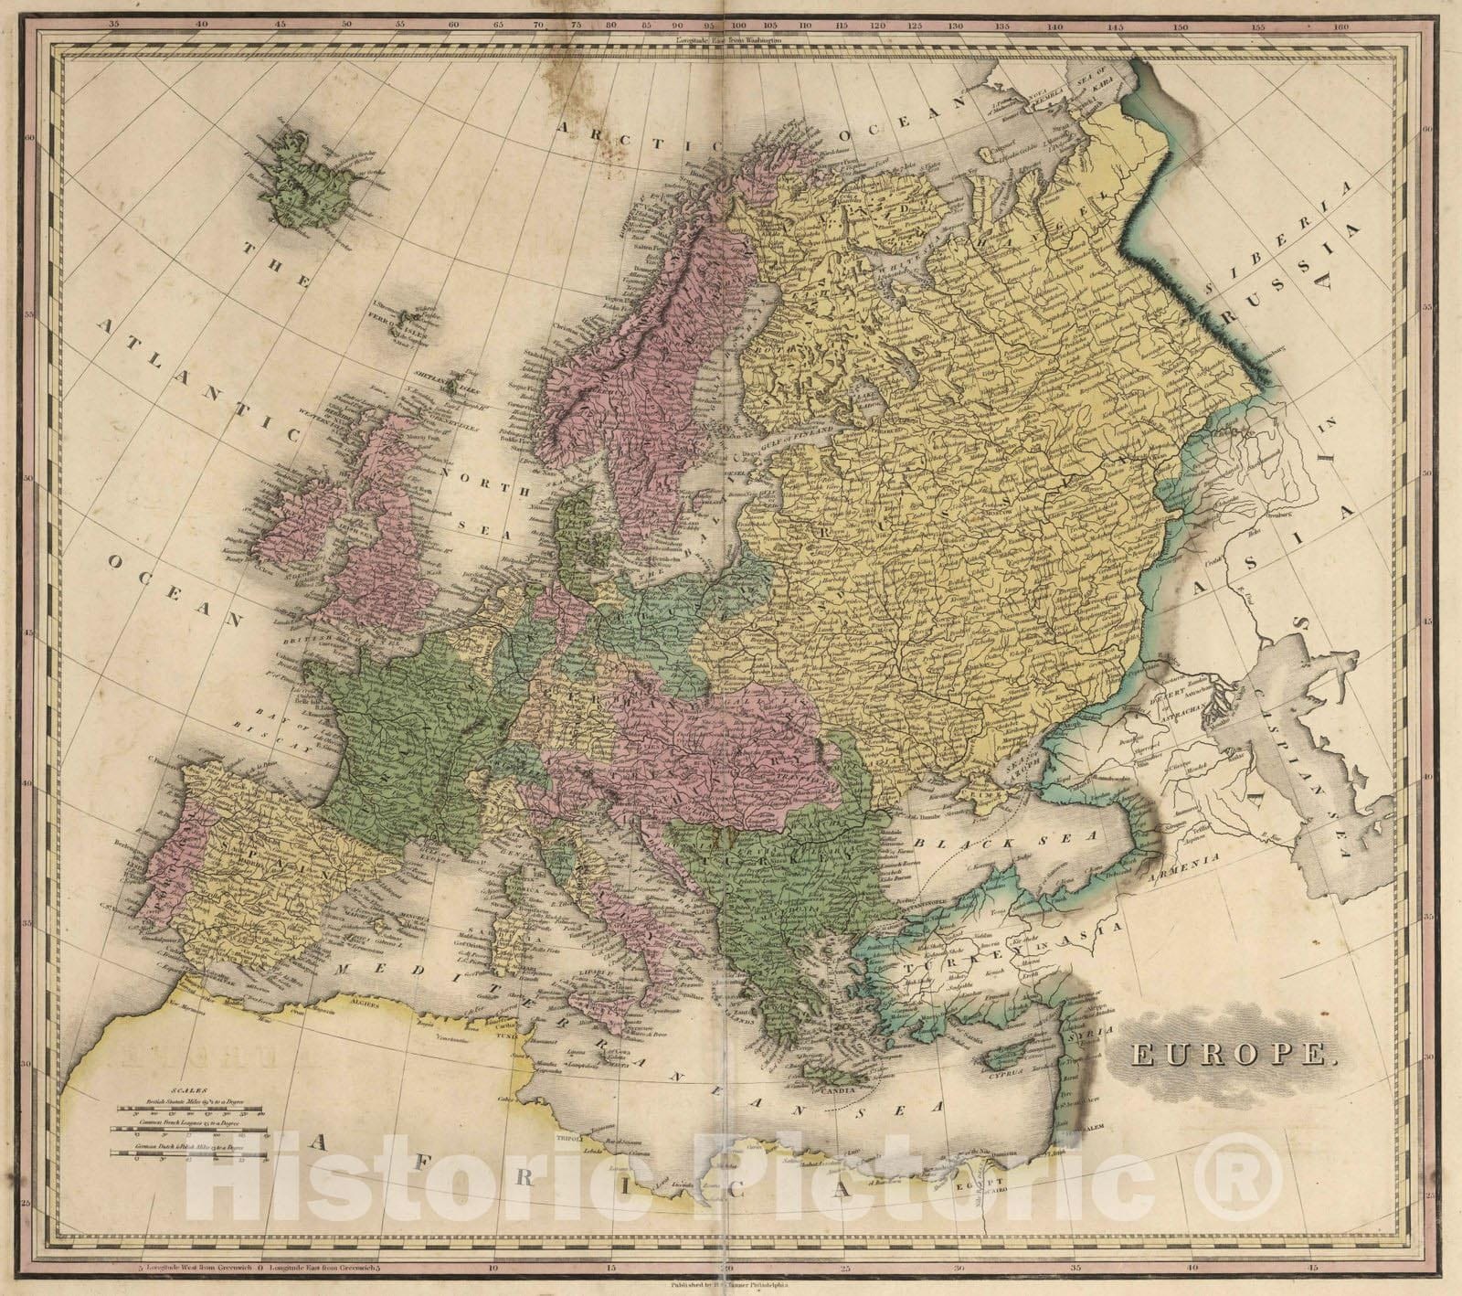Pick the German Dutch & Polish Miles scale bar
pos(191,1155)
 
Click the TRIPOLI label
pos(572,1142)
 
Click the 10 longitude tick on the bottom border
pos(493,1269)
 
